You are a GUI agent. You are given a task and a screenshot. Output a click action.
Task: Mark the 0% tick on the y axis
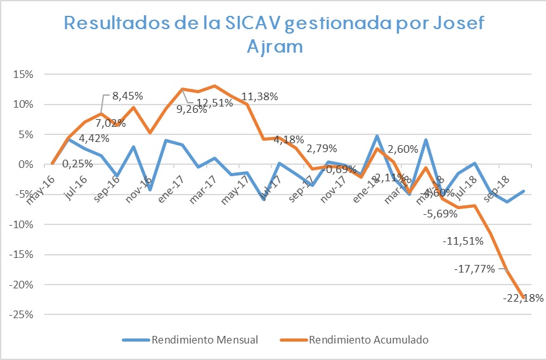27,164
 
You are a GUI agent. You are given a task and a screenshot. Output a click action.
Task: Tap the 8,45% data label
128,96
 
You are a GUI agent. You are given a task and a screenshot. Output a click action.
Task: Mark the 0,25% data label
77,163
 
